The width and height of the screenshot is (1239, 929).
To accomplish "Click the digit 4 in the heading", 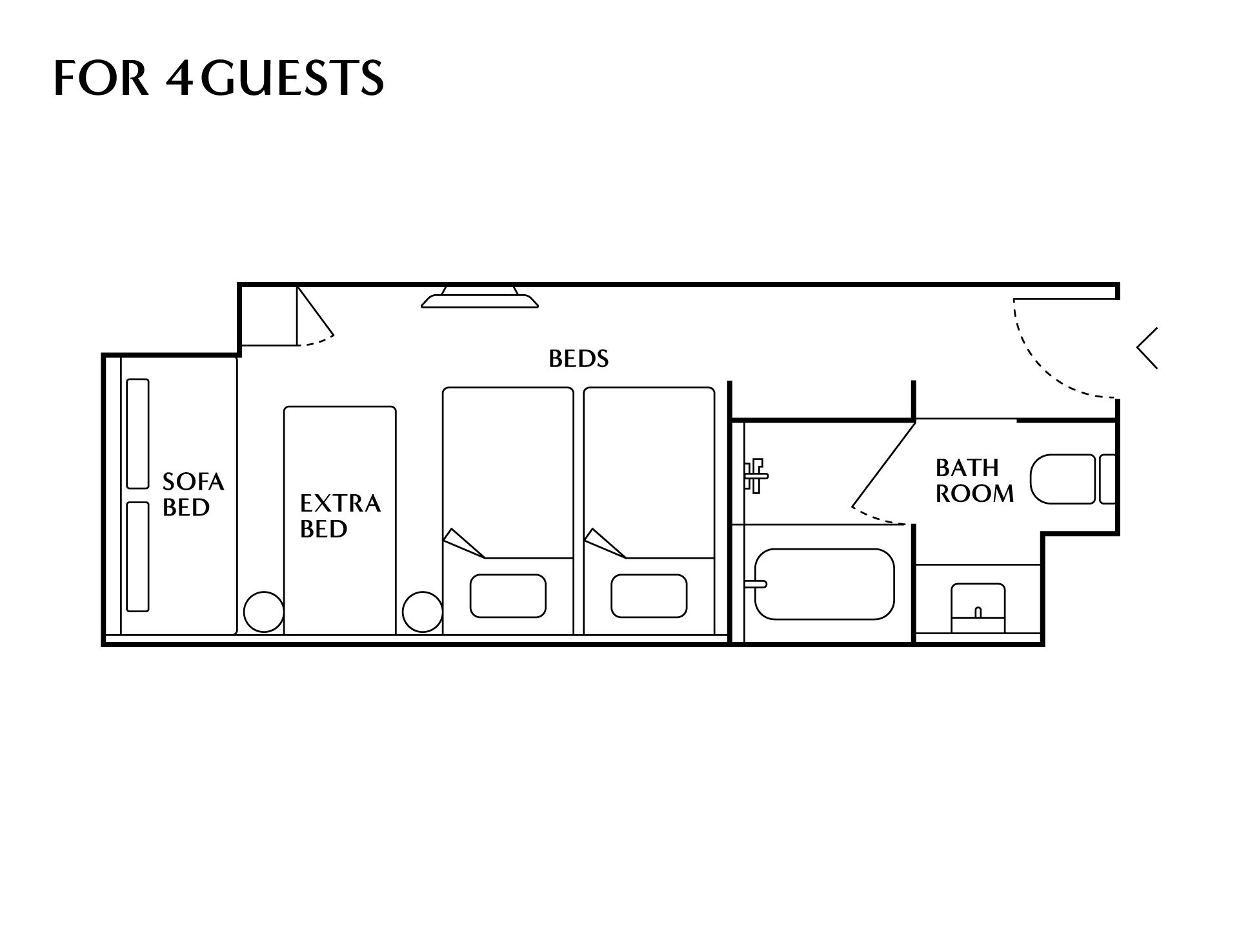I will point(180,78).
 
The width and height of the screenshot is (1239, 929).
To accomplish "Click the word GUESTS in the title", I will point(295,78).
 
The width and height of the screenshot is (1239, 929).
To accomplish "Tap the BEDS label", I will point(578,359).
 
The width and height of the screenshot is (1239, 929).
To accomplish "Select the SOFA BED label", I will point(192,494).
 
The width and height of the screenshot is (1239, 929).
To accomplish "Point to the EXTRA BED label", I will point(339,515).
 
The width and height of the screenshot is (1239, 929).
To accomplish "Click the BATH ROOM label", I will point(973,481).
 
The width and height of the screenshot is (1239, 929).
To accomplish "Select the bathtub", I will point(824,584).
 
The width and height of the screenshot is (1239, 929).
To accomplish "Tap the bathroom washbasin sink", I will point(978,608).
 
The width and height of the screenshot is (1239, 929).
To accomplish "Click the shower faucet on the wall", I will point(755,475).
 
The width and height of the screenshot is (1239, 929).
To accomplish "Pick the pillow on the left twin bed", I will point(508,595).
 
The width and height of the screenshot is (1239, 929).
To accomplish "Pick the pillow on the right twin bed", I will point(649,595).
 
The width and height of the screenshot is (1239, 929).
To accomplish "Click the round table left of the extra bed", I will point(263,612).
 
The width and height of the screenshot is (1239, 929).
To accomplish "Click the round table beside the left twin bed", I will point(422,612).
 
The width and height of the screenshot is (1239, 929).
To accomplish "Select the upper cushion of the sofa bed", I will point(137,434).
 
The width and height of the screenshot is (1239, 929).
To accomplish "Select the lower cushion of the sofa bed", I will point(137,556).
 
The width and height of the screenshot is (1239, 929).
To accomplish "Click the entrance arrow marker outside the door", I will point(1147,348).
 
